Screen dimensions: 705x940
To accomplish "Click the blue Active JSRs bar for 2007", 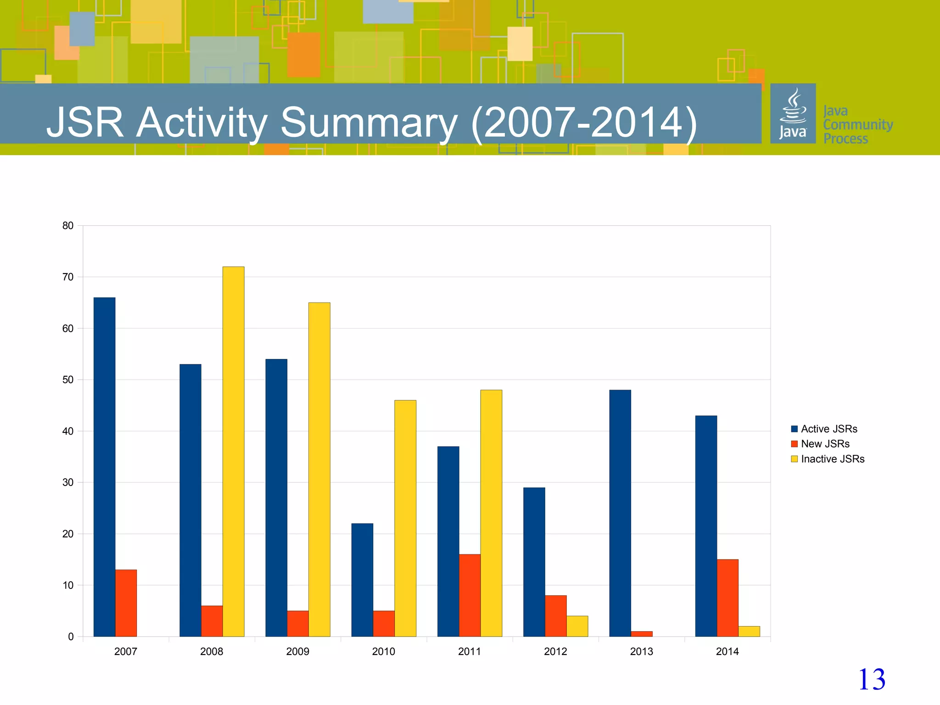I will click(104, 467).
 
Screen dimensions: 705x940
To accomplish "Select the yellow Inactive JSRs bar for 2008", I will click(233, 452).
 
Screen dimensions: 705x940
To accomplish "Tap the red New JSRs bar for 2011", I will click(470, 595).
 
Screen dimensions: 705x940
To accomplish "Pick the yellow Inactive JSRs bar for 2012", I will click(577, 626).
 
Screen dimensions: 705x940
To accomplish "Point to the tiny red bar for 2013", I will click(641, 634).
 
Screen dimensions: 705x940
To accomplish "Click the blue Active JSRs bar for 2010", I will click(362, 580).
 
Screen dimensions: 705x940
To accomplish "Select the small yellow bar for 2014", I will click(749, 631).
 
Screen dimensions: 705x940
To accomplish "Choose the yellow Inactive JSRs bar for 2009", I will click(319, 470).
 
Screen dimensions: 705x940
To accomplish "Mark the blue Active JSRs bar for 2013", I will click(620, 513).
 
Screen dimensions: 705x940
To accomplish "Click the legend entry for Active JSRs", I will click(828, 429).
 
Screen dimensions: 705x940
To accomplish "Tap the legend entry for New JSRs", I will click(825, 444).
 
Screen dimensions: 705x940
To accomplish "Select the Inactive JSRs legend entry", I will click(832, 459).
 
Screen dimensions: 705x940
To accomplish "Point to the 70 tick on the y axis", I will click(68, 277).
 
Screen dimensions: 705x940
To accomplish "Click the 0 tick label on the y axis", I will click(71, 637).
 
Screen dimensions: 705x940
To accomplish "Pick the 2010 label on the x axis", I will click(383, 651).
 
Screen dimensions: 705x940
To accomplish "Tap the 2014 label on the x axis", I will click(727, 651).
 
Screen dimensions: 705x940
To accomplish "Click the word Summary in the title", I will click(369, 123).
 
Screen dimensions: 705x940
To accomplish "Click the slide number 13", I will click(871, 679).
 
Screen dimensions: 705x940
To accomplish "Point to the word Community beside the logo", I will click(858, 124).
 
